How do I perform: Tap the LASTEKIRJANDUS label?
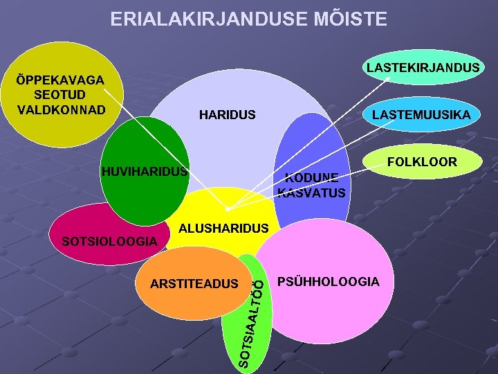click(423, 68)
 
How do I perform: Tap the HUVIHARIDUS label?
click(144, 171)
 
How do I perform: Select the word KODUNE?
click(311, 177)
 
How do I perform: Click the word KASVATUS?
click(311, 193)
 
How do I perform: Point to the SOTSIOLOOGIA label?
click(110, 241)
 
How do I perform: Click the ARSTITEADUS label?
click(194, 283)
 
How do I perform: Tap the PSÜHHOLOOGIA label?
click(328, 282)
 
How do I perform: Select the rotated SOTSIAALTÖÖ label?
click(253, 318)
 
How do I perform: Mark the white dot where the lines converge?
click(228, 208)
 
